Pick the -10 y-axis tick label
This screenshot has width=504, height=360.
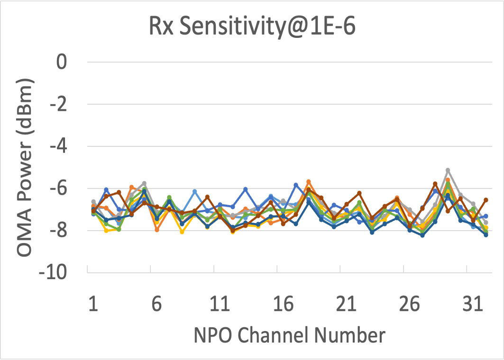(x=54, y=273)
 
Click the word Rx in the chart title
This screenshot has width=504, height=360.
(x=160, y=27)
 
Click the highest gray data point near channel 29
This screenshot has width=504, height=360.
(x=448, y=170)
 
